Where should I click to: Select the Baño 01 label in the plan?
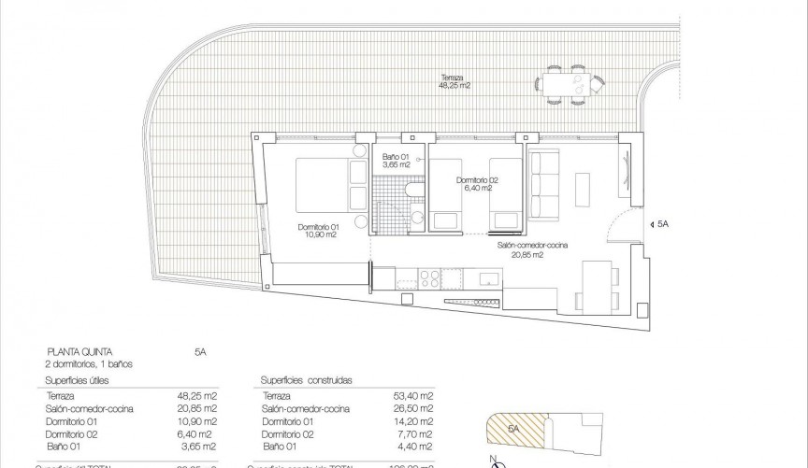click(397, 160)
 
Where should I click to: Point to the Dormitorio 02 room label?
click(477, 184)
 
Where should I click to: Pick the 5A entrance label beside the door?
click(663, 224)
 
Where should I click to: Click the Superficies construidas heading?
click(301, 381)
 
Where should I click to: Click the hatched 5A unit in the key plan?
click(513, 431)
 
